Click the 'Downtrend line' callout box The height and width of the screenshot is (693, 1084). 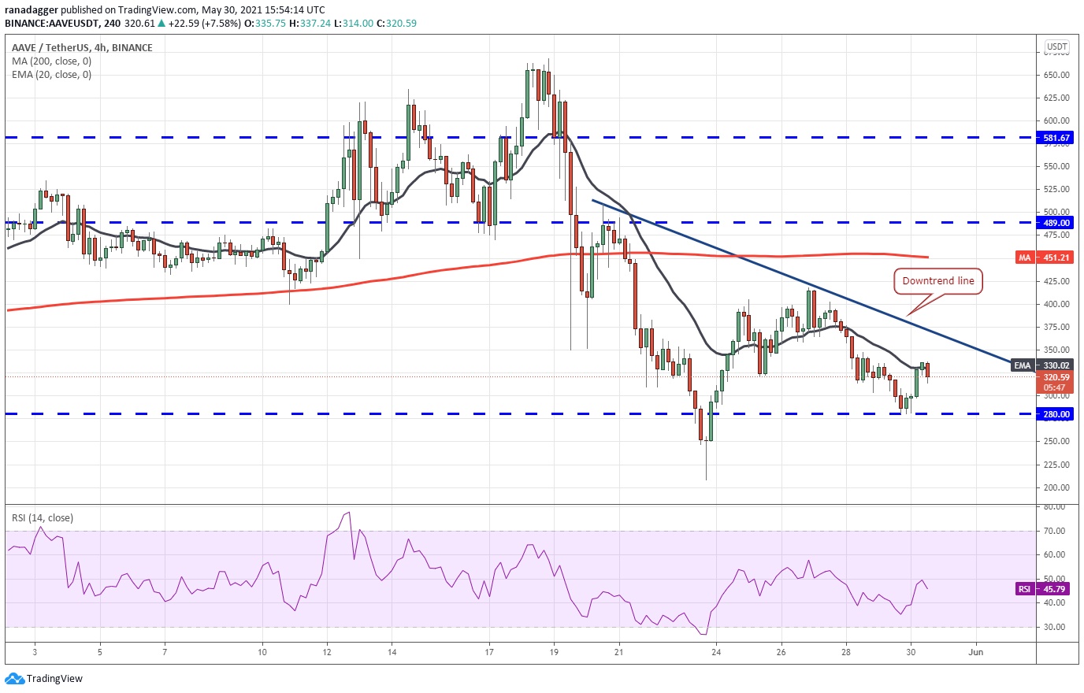click(x=937, y=281)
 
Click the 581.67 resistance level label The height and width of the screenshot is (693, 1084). click(x=1056, y=138)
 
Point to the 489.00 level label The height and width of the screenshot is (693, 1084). click(x=1056, y=223)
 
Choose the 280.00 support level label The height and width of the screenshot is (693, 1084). click(x=1056, y=414)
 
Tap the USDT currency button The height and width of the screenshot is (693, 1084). click(x=1056, y=47)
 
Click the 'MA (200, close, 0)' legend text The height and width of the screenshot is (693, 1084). click(x=51, y=61)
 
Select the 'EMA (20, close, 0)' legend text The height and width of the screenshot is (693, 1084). click(x=51, y=75)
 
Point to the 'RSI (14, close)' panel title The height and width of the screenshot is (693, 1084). click(x=43, y=518)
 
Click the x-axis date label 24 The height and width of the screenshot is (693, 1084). click(x=716, y=652)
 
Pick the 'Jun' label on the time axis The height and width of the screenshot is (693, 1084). click(x=975, y=652)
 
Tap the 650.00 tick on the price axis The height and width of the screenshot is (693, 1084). click(x=1056, y=76)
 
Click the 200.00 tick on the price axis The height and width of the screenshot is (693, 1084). click(x=1056, y=487)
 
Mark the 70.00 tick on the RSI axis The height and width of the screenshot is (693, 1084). click(x=1055, y=531)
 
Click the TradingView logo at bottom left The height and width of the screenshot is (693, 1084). click(x=44, y=679)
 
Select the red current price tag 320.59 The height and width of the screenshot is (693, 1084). click(x=1056, y=377)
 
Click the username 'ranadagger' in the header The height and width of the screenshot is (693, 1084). click(x=32, y=9)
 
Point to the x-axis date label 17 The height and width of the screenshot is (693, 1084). click(x=489, y=652)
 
